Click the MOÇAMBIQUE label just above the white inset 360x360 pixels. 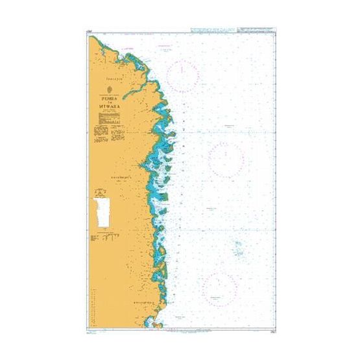click(103, 175)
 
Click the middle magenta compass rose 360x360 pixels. click(226, 158)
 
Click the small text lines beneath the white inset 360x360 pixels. click(102, 237)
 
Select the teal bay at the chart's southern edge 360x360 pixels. click(154, 320)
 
